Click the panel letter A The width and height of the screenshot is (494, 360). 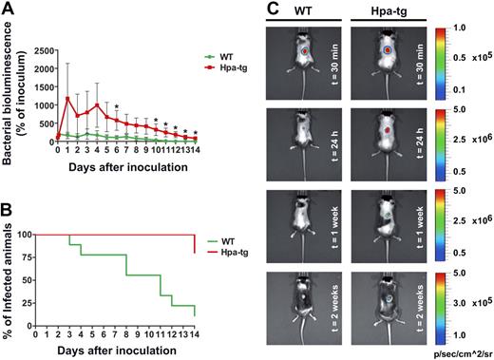pos(9,9)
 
